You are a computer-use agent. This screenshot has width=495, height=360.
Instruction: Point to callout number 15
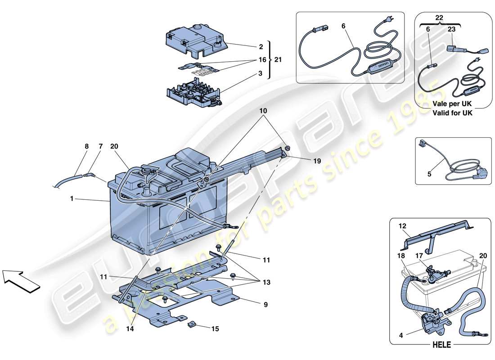215,329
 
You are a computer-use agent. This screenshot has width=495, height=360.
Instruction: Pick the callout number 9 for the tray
265,305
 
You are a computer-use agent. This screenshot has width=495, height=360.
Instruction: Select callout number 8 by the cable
86,146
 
